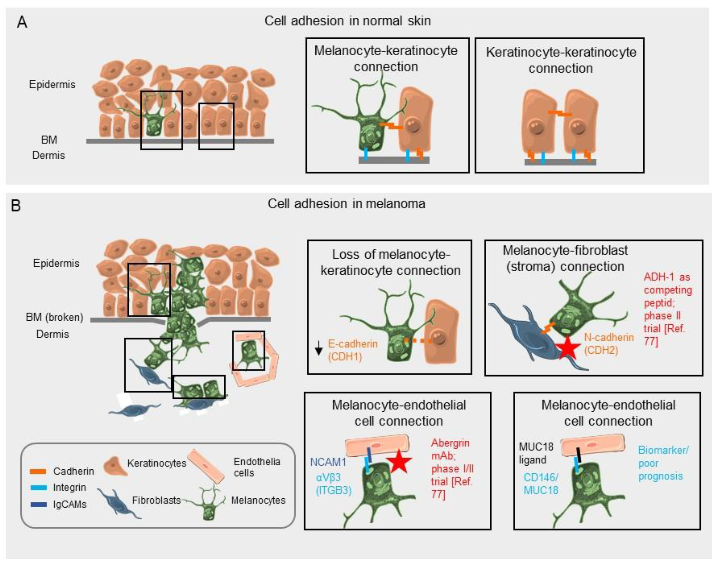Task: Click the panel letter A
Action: pos(22,23)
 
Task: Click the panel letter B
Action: pos(16,205)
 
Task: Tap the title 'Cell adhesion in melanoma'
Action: pos(346,204)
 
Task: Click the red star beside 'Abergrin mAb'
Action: pos(399,461)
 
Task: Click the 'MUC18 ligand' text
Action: pos(535,453)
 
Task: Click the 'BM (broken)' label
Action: pos(54,317)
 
